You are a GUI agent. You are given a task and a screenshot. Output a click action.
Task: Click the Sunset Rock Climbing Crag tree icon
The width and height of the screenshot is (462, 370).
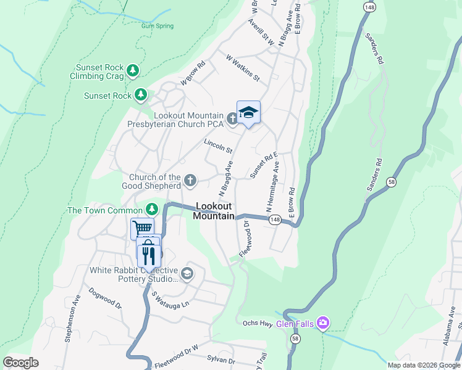tap(133, 72)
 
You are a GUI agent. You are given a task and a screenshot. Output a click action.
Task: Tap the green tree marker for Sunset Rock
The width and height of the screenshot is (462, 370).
tap(142, 95)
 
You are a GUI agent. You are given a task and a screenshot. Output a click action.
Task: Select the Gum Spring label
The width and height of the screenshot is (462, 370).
tap(157, 26)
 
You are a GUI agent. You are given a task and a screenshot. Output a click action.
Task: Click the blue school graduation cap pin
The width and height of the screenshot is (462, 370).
tap(248, 113)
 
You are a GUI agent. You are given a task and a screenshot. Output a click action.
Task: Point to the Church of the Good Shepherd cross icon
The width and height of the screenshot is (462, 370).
tap(190, 181)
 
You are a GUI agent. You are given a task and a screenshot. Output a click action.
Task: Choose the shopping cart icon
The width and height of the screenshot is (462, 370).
tap(142, 229)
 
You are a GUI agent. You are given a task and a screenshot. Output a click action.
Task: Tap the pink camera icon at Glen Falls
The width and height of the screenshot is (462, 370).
tap(322, 323)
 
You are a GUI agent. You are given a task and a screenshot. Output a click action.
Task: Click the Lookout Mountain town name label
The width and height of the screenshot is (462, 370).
tap(214, 211)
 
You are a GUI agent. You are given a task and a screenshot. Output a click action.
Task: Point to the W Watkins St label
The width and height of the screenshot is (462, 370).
tap(243, 68)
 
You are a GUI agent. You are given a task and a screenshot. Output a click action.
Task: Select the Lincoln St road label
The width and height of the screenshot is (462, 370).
tap(218, 146)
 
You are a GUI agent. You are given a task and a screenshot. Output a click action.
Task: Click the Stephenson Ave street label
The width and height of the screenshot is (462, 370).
tap(73, 318)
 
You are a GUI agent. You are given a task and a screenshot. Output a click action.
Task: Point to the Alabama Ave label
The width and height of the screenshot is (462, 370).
tap(449, 335)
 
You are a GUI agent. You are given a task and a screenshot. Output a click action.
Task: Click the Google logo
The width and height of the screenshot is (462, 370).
tap(21, 363)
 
